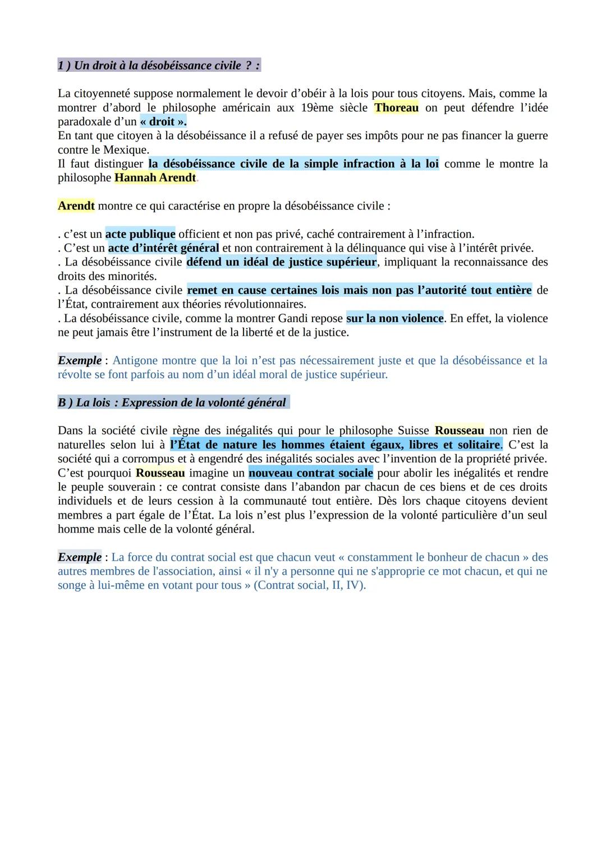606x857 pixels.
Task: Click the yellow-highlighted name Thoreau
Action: pos(396,108)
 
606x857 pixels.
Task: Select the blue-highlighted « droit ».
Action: pos(163,122)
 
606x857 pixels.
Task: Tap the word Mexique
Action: pos(125,150)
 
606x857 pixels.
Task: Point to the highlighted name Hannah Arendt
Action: pos(155,178)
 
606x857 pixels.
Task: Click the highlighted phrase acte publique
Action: pos(140,234)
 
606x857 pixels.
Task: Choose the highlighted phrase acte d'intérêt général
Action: pos(163,248)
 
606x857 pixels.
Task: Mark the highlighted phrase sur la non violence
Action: pos(394,318)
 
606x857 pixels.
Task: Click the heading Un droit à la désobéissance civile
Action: pos(158,66)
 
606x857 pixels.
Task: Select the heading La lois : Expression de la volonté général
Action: pos(173,402)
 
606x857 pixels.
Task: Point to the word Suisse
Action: pos(414,430)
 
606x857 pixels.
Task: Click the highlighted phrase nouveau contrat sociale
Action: pos(311,473)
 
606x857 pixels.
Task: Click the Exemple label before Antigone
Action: pos(80,360)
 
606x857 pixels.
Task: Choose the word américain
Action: pos(245,108)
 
